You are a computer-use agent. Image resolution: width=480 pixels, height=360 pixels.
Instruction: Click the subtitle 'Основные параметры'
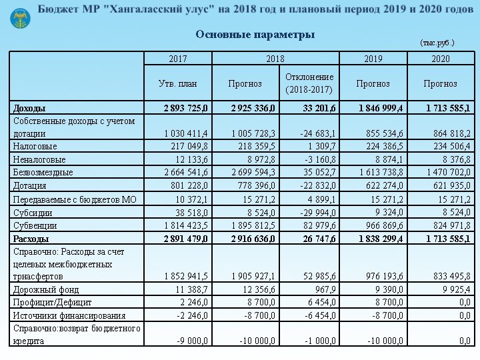255,35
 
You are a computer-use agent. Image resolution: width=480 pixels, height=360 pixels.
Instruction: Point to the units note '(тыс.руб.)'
437,43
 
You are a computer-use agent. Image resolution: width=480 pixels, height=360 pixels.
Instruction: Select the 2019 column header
373,59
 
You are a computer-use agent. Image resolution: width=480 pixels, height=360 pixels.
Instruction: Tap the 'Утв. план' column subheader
177,83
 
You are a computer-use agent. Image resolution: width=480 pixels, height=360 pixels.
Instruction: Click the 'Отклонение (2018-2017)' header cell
309,83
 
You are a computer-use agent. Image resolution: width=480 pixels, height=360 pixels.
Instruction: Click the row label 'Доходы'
30,107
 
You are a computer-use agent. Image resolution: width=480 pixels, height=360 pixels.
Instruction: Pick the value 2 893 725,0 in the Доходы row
185,107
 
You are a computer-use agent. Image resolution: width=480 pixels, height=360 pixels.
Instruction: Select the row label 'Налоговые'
35,146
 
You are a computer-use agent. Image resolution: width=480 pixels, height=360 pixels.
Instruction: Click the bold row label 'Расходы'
31,238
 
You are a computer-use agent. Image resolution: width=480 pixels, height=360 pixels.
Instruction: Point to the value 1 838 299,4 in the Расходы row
380,238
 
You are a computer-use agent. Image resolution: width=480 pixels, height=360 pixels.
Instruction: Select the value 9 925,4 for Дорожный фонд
453,289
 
